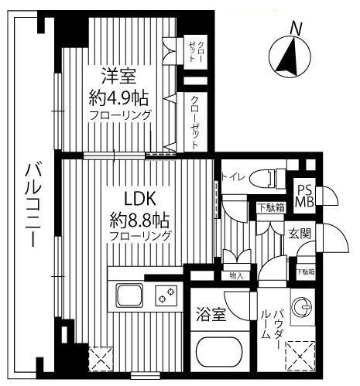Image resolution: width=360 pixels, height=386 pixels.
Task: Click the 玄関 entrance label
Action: point(301,234)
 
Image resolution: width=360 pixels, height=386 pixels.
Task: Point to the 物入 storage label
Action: point(237,275)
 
